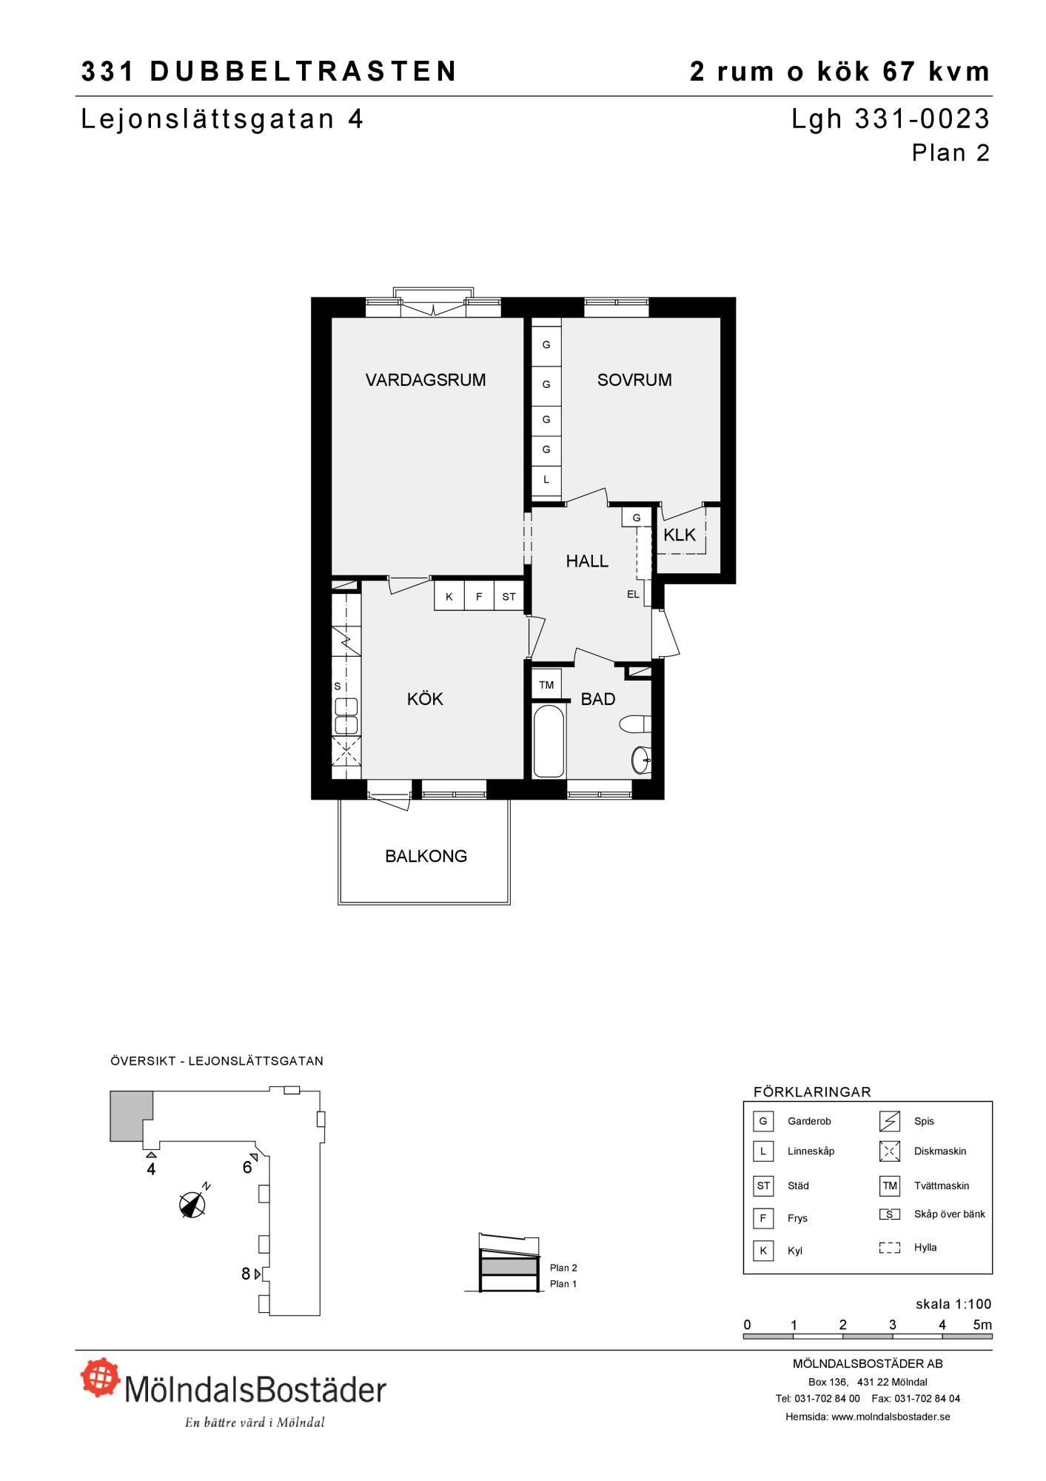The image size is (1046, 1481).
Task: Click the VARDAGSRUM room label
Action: (x=426, y=380)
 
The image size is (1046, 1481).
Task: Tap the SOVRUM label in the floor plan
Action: (x=634, y=380)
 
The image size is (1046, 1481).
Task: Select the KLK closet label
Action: (x=680, y=535)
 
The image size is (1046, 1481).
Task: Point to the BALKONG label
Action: (x=426, y=856)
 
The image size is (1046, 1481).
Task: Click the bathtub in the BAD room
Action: (x=549, y=740)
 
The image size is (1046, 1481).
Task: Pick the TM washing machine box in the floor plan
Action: (x=546, y=685)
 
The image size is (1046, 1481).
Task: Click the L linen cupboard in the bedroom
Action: (x=546, y=480)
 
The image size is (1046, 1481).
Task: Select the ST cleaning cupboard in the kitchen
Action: (x=509, y=596)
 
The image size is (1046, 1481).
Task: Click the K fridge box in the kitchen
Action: (x=449, y=596)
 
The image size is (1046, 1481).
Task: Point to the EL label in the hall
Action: (x=633, y=594)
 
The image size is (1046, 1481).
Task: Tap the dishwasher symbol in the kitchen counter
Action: (x=346, y=751)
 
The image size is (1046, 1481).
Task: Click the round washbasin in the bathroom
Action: (x=641, y=759)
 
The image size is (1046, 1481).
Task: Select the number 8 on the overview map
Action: (x=246, y=1274)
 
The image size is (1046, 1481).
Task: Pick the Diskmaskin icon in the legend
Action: (x=889, y=1151)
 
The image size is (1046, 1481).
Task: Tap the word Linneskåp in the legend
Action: (x=811, y=1151)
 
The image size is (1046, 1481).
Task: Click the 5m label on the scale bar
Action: (x=982, y=1325)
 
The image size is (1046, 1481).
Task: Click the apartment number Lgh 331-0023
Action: (x=891, y=118)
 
